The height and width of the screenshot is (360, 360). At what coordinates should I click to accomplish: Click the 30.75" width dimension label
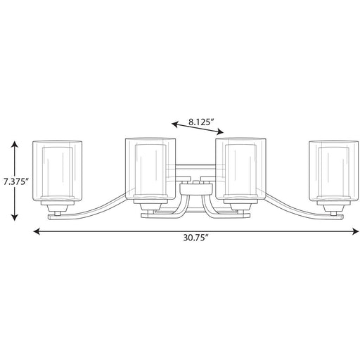(x=195, y=238)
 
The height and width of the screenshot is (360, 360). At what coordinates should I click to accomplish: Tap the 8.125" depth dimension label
(x=201, y=122)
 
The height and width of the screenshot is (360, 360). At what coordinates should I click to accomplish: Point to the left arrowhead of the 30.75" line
(x=37, y=231)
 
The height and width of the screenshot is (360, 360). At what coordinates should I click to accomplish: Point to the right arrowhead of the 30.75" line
(x=356, y=231)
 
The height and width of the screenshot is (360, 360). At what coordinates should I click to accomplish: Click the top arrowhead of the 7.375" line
(x=15, y=143)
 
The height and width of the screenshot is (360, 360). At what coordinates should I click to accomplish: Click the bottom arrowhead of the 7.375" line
(x=15, y=218)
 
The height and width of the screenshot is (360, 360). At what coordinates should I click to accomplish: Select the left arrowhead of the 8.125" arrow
(x=175, y=124)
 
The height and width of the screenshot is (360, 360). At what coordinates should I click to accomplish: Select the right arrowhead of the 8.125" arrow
(x=220, y=132)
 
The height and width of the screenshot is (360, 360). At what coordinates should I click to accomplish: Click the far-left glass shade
(x=57, y=171)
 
